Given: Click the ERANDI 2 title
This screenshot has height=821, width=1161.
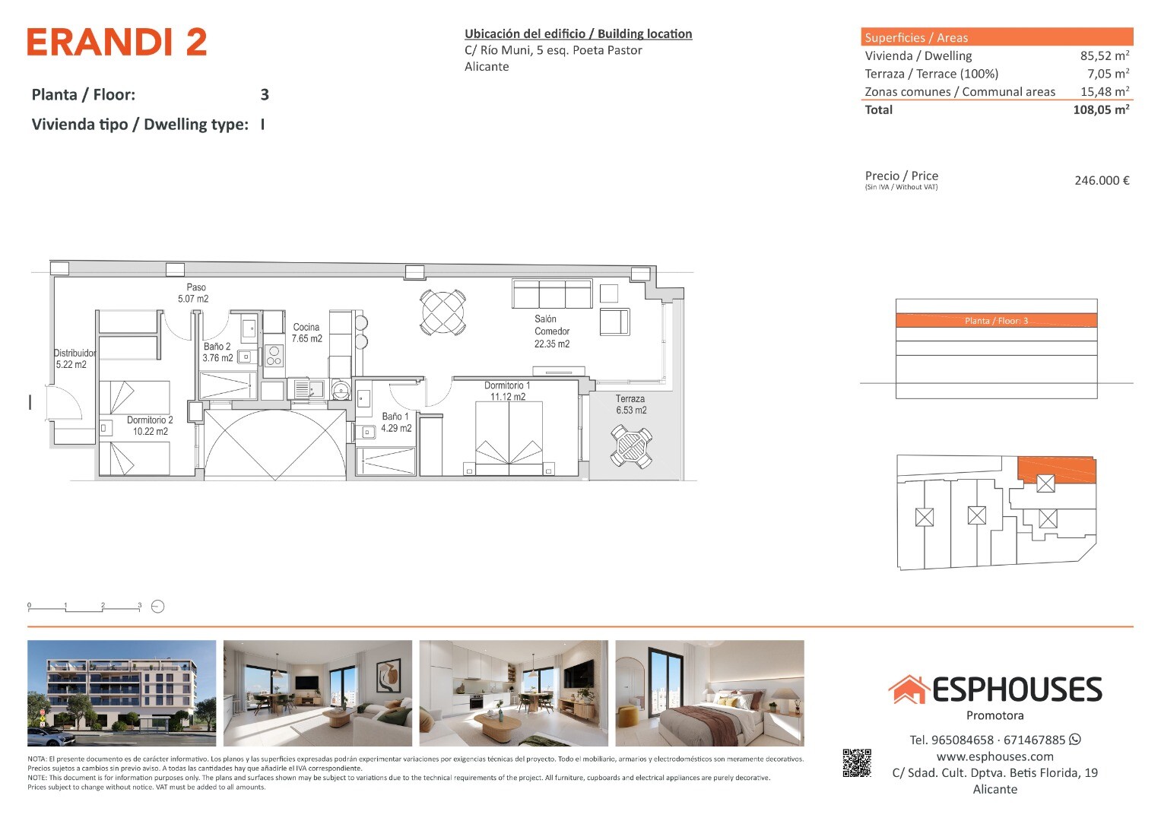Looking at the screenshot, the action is point(117,42).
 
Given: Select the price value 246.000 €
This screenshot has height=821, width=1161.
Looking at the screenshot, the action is point(1102,180).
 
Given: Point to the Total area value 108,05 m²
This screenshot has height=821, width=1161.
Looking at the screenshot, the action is point(1101,109).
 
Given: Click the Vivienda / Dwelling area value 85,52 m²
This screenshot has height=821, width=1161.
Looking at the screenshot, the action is point(1105,55).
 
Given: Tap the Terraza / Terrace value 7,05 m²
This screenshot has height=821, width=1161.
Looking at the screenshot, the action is point(1108,74).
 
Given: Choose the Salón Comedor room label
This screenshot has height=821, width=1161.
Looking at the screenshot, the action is point(552,331).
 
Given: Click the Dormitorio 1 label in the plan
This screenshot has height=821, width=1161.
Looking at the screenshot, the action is point(507,391).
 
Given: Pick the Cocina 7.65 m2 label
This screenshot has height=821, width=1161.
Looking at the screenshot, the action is point(306,333).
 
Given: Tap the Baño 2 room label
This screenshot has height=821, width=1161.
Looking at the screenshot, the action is point(217,352).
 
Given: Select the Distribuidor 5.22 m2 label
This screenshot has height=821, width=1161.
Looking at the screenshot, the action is point(75,359).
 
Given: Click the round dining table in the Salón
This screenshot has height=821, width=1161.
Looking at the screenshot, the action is point(443,312).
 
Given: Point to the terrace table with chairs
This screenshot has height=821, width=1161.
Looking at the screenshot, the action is point(631,446).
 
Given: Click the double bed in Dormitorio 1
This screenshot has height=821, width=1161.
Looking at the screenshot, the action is point(509,438).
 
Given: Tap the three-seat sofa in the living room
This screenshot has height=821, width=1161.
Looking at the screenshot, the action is point(552,294).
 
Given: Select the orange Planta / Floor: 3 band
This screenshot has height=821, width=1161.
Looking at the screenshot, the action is point(996,320).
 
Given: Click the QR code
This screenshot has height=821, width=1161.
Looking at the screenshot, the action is point(857,763).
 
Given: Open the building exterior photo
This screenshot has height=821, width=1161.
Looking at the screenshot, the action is point(122,693).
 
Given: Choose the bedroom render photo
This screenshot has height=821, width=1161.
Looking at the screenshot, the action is point(709,693).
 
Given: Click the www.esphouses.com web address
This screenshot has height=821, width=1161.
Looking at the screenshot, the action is point(994,756).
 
